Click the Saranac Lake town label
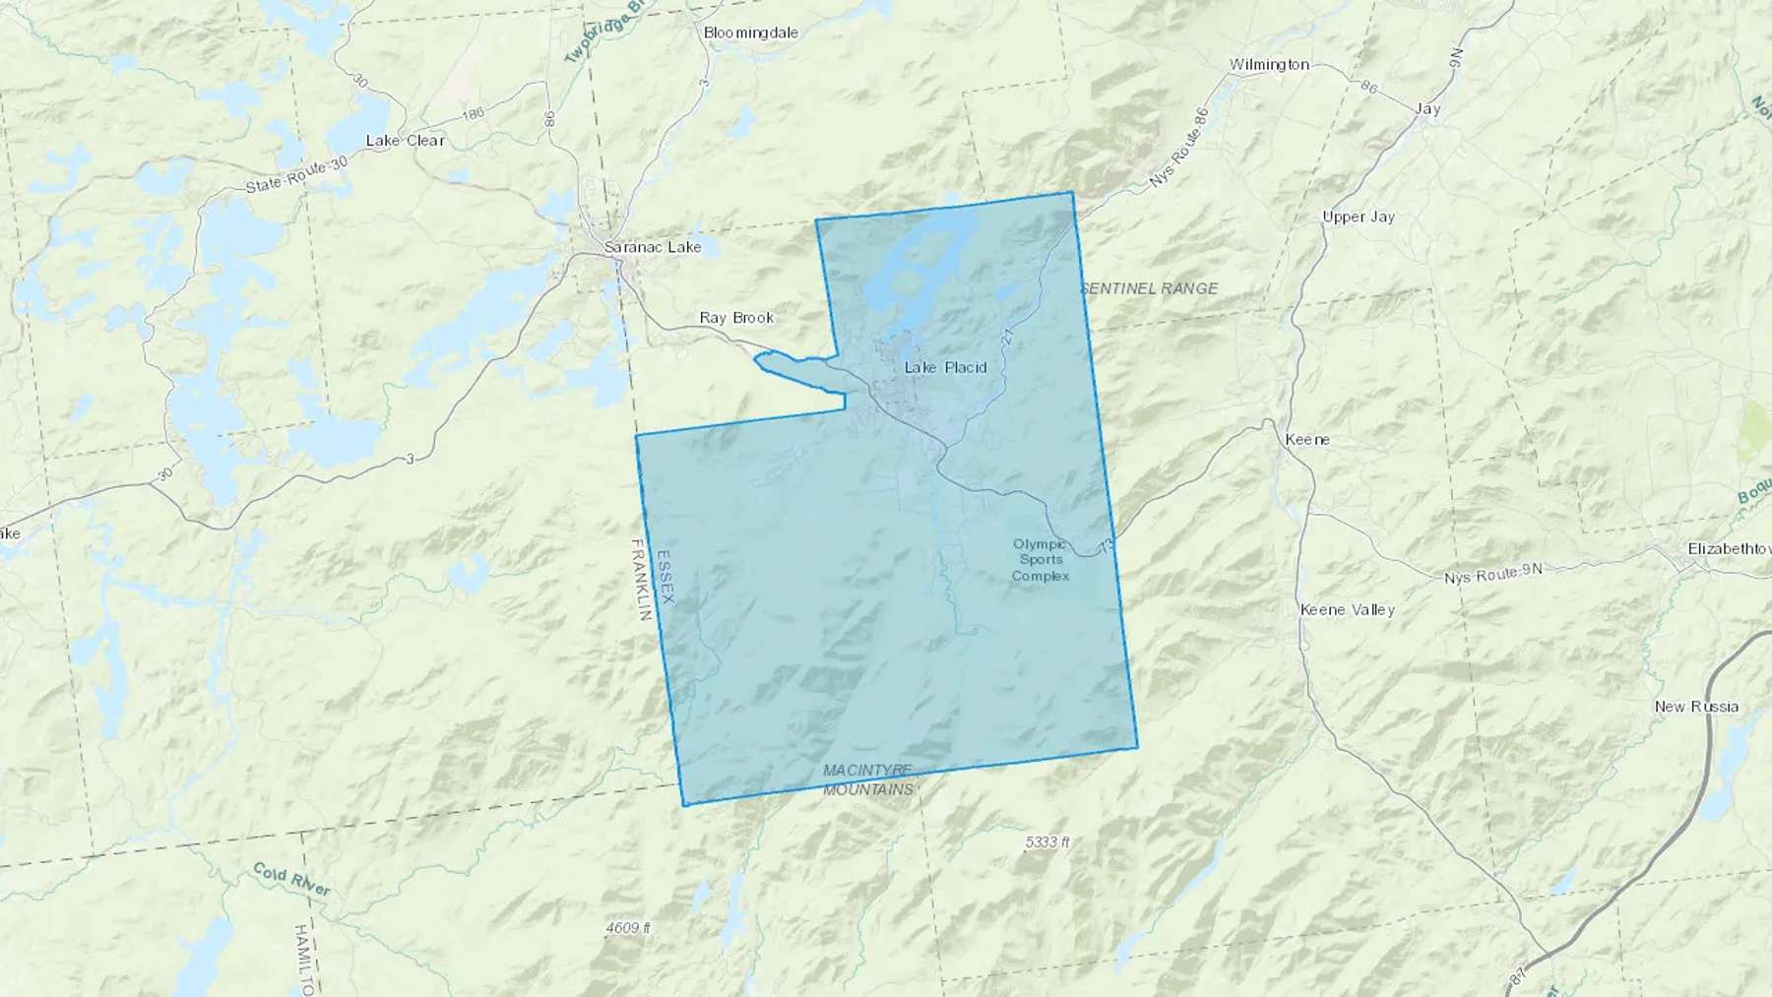click(x=652, y=247)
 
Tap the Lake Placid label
click(x=945, y=367)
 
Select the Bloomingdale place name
click(x=750, y=32)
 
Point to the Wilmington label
click(x=1269, y=65)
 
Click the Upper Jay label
click(x=1358, y=217)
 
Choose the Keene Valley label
click(x=1347, y=610)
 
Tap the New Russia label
click(x=1696, y=707)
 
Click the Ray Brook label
click(x=736, y=318)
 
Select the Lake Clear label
click(x=405, y=141)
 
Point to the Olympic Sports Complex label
click(x=1040, y=560)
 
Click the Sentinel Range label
click(x=1149, y=288)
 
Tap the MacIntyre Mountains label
click(x=867, y=779)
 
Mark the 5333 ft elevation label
click(x=1046, y=842)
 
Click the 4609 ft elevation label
click(x=628, y=928)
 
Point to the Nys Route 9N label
click(x=1492, y=574)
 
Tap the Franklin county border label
click(x=641, y=580)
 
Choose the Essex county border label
click(x=666, y=576)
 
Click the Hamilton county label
click(x=303, y=960)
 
